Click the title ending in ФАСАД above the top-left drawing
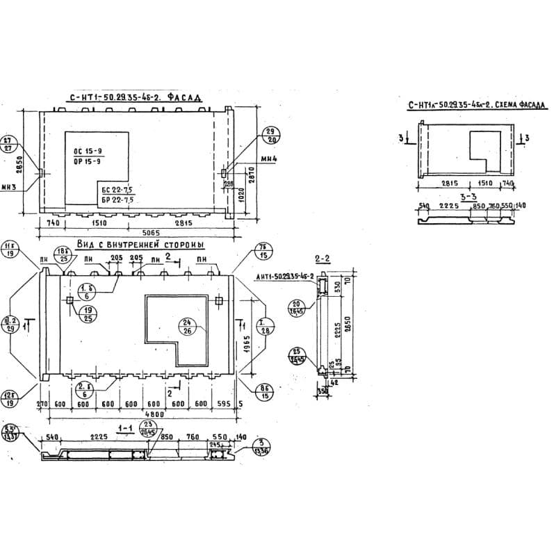click(136, 99)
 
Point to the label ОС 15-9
click(88, 152)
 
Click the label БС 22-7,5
click(116, 190)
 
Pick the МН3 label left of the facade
click(10, 186)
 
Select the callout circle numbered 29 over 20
click(270, 135)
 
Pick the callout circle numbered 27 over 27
click(10, 144)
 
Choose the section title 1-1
click(125, 430)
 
